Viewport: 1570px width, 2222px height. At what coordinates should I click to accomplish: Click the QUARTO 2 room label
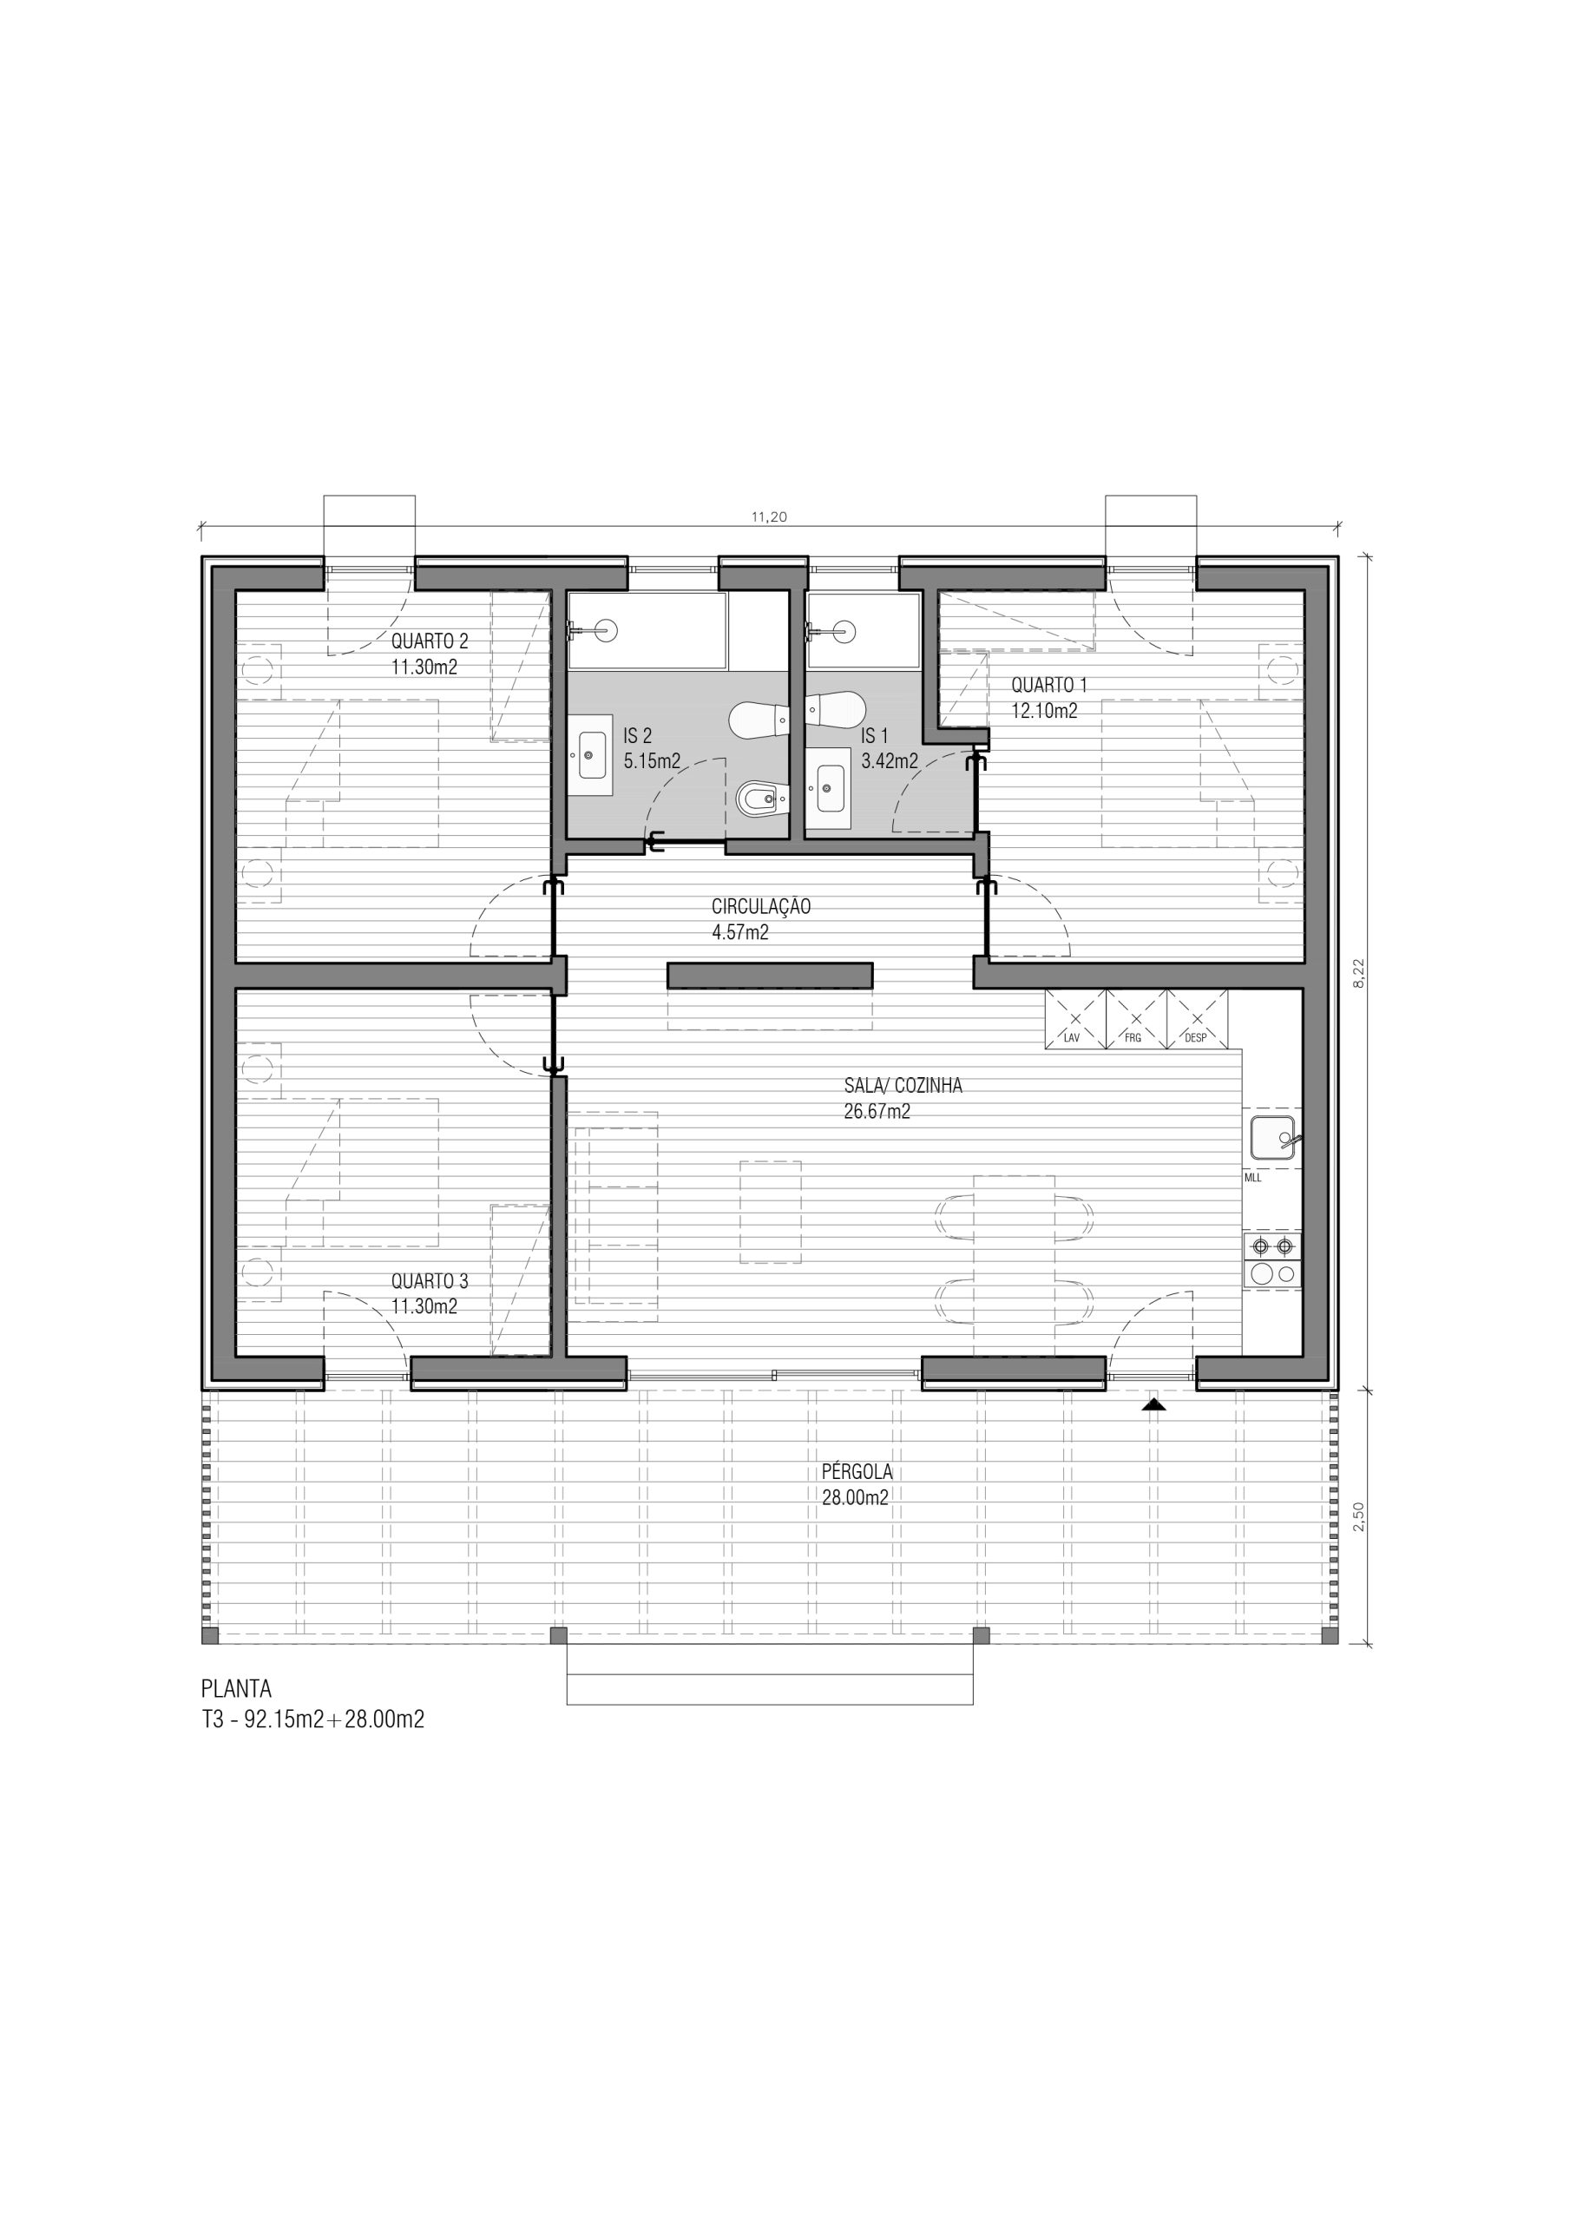[x=430, y=641]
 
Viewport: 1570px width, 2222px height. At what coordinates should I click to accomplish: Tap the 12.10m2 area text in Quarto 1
[x=1044, y=710]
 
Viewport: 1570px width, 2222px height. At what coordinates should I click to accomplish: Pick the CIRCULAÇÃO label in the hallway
[x=761, y=907]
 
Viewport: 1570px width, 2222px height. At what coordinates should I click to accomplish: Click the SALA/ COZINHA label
[x=903, y=1086]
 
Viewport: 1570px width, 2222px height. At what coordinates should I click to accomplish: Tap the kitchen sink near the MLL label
[x=1273, y=1137]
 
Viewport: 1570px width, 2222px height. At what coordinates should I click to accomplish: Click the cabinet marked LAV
[x=1074, y=1019]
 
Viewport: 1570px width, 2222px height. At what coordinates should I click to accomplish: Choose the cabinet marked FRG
[x=1135, y=1019]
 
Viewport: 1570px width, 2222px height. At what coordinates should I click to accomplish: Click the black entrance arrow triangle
[x=1152, y=1404]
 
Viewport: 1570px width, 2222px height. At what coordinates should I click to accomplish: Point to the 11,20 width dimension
[x=770, y=516]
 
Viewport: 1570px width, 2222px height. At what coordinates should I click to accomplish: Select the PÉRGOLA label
[x=857, y=1472]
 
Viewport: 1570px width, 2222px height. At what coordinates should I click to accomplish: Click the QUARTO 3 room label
[x=430, y=1281]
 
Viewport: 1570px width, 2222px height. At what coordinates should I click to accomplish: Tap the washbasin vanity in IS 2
[x=589, y=754]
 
